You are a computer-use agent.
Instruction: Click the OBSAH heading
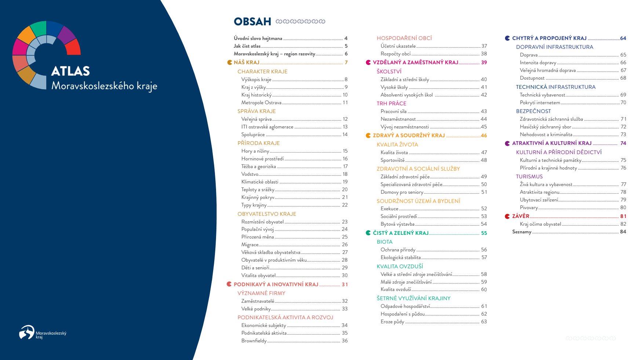pos(252,22)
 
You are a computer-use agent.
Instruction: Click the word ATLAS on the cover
pos(70,71)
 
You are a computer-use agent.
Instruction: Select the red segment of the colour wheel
pos(72,47)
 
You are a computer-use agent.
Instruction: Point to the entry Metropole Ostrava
pos(261,103)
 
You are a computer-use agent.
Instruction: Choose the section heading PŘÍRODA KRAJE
pos(259,143)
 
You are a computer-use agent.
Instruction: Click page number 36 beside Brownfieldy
pos(345,341)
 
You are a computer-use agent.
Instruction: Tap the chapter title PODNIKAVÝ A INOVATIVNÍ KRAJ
pos(276,284)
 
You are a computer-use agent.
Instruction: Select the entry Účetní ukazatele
pos(398,46)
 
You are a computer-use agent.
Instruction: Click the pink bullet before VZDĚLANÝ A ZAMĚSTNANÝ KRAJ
pos(368,63)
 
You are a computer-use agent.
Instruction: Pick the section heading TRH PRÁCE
pos(391,103)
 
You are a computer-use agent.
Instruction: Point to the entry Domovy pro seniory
pos(402,192)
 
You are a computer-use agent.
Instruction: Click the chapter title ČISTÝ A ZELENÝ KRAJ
pos(401,233)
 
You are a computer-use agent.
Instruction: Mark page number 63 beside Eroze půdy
pos(484,322)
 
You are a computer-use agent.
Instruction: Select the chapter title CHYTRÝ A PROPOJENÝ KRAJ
pos(549,38)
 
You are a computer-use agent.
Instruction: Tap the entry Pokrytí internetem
pos(540,103)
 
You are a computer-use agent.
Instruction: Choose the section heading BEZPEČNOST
pos(533,111)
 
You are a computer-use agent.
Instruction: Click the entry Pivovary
pos(529,208)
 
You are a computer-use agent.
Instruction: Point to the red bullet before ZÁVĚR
pos(507,217)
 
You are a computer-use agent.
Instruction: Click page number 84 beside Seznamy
pos(623,232)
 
